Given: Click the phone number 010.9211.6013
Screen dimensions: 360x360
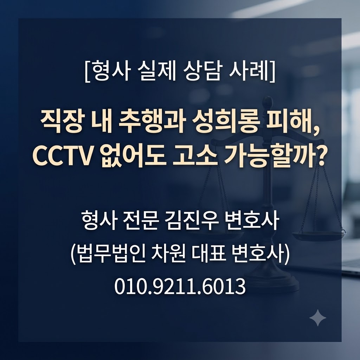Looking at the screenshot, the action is tap(180, 286).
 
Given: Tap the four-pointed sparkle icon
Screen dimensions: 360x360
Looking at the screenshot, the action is tap(318, 318).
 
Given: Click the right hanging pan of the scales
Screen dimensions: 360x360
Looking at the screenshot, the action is tap(318, 234).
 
